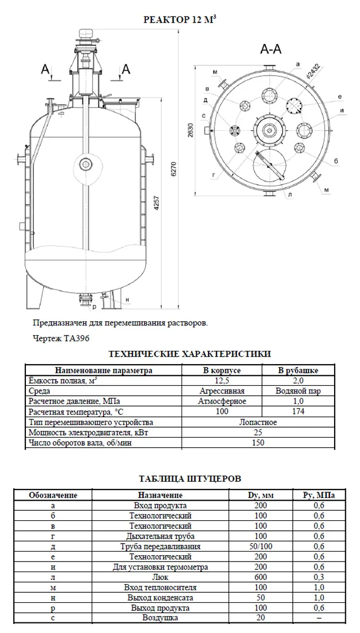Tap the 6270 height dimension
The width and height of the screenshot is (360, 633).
click(x=174, y=170)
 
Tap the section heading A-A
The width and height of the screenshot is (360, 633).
click(x=271, y=49)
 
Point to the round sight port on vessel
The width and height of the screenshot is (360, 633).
click(x=86, y=164)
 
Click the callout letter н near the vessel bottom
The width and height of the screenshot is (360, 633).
click(x=128, y=300)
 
